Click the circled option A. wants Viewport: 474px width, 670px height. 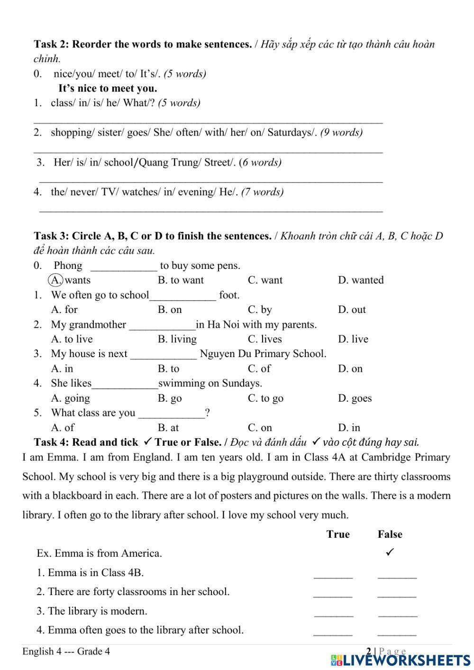(x=70, y=280)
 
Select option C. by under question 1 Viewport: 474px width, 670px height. (x=260, y=310)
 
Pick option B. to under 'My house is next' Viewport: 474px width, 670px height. (x=168, y=368)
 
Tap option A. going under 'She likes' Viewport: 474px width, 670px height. (x=70, y=398)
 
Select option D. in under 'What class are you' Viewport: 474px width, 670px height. (x=349, y=428)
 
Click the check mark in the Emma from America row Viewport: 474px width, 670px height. (x=390, y=552)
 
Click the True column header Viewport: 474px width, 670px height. (x=338, y=534)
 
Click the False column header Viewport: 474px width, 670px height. (x=390, y=534)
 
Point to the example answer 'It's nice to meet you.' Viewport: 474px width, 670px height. (x=108, y=88)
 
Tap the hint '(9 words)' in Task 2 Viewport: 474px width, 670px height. (x=341, y=132)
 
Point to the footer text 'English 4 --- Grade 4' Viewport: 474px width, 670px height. (x=66, y=652)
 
